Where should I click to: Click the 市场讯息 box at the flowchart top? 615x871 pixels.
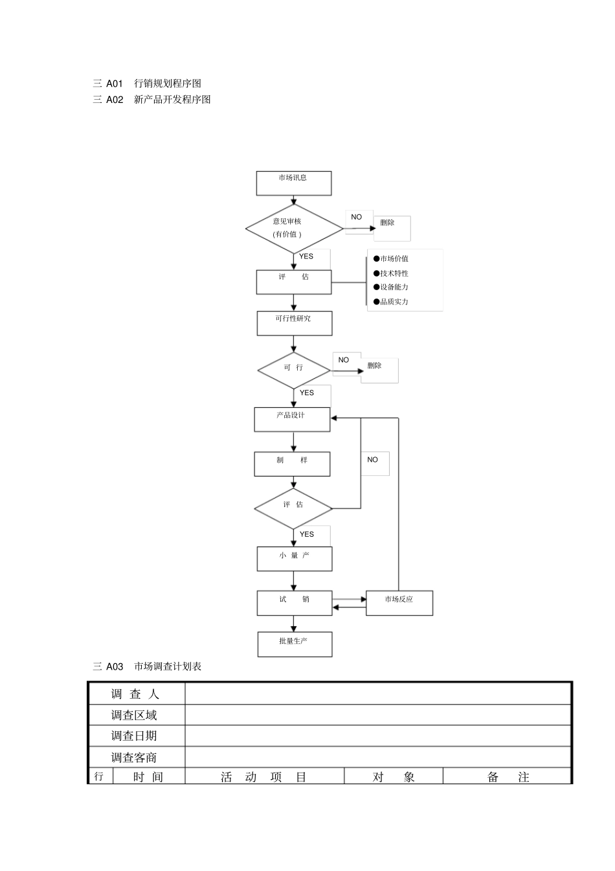(294, 183)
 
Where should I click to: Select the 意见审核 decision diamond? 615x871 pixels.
(294, 228)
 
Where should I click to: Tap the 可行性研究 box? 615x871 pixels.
(294, 323)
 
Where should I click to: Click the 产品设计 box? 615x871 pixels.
(292, 420)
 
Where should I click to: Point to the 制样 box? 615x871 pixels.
(292, 464)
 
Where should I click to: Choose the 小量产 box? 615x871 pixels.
(294, 559)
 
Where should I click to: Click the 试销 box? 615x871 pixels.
(295, 603)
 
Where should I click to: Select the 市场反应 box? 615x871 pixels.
(399, 603)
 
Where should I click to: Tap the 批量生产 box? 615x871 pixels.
(295, 644)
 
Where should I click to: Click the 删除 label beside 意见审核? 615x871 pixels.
(387, 223)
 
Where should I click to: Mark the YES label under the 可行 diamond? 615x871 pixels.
(307, 393)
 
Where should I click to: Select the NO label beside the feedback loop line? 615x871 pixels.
(372, 460)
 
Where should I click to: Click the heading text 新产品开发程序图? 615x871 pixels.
(172, 100)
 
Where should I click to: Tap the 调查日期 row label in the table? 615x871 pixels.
(134, 736)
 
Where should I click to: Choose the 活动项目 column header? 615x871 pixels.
(263, 777)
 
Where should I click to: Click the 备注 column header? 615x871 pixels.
(508, 777)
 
